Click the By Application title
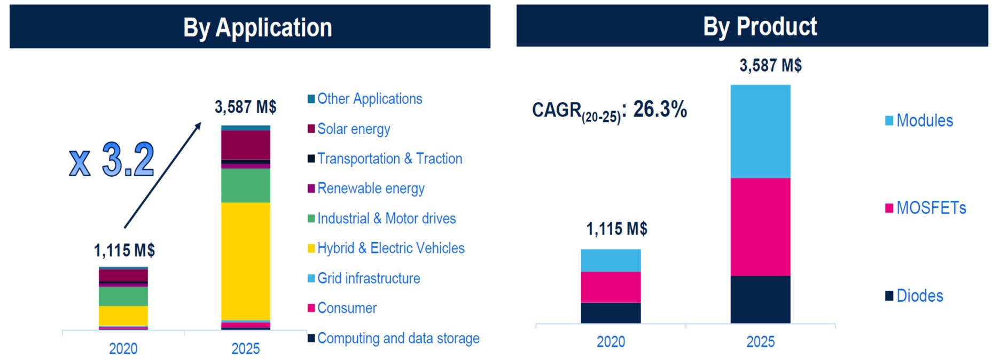pos(257,28)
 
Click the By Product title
pos(760,27)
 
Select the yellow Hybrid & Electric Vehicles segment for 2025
pos(246,261)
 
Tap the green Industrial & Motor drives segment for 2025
pos(246,185)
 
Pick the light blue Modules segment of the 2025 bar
pos(761,131)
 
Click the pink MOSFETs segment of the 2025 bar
pos(761,227)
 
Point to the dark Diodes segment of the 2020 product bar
pos(611,313)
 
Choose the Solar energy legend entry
pos(349,129)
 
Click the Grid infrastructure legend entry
pos(364,278)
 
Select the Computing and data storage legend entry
pos(393,338)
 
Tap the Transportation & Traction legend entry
pos(385,159)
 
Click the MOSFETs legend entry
pos(926,208)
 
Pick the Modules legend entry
pos(919,121)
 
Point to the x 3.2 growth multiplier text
pos(112,160)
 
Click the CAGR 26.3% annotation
pos(610,111)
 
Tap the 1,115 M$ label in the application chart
pos(124,250)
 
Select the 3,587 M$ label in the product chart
pos(770,65)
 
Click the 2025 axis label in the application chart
pos(245,349)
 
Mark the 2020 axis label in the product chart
pos(611,342)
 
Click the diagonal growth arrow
pos(163,175)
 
